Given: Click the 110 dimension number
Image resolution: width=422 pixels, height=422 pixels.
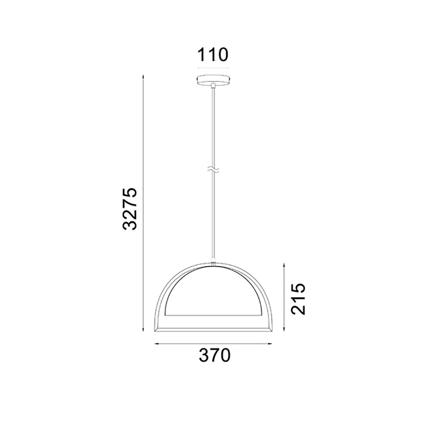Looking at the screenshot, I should click(213, 55).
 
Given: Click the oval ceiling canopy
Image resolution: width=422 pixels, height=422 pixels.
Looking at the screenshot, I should click(214, 79).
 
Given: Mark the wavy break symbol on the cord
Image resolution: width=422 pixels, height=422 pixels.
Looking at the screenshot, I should click(214, 171).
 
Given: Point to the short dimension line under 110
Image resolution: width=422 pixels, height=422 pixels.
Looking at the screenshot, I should click(213, 68).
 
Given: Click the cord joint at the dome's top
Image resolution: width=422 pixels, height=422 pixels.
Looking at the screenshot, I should click(214, 264).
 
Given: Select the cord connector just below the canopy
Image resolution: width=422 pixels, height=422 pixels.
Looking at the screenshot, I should click(214, 86).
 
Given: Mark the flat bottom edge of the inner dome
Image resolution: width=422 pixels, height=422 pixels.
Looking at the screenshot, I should click(214, 314).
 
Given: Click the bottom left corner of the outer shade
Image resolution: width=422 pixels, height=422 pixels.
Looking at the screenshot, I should click(157, 330).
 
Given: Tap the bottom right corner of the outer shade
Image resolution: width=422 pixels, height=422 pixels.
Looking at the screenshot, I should click(271, 330).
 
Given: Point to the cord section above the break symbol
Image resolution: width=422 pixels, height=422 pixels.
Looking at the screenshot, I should click(214, 127).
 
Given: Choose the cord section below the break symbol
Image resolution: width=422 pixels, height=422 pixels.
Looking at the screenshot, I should click(214, 215).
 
